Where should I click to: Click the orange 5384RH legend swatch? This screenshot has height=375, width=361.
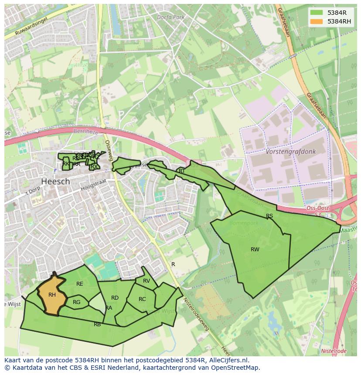[x=317, y=21]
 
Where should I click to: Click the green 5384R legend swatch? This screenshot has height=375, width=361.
[x=317, y=13]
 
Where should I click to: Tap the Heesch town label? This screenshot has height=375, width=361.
[x=55, y=181]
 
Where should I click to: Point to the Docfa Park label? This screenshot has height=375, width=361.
[x=171, y=17]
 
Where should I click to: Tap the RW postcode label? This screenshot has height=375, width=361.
[x=255, y=250]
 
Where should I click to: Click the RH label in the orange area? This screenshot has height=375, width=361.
[x=52, y=295]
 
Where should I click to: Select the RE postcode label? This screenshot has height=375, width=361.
[x=80, y=284]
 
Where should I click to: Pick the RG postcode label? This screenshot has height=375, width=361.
[x=77, y=302]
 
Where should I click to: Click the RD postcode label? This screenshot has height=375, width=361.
[x=115, y=298]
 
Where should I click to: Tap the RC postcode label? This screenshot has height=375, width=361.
[x=142, y=299]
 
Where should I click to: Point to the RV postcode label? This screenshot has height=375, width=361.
[x=146, y=281]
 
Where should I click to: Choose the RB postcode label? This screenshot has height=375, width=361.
[x=97, y=324]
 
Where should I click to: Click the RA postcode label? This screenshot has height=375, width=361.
[x=109, y=308]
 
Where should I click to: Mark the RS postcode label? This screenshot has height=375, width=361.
[x=269, y=216]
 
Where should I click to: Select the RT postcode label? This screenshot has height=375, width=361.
[x=182, y=171]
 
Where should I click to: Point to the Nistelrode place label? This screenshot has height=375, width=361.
[x=334, y=351]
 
